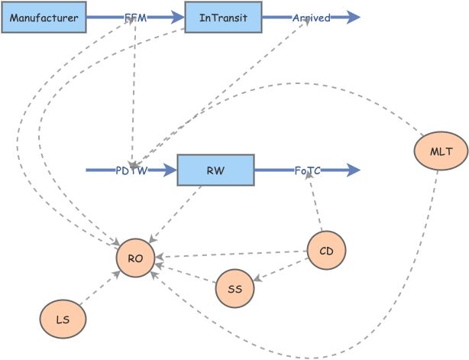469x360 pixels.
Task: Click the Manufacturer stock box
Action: coord(44,17)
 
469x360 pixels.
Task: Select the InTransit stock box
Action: coord(224,17)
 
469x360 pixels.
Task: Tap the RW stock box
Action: coord(215,170)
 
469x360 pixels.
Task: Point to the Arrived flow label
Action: coord(311,17)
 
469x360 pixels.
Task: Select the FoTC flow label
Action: coord(307,170)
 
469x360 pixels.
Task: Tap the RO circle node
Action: coord(135,259)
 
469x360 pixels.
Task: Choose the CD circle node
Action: coord(326,250)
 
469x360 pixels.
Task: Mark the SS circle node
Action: coord(234,289)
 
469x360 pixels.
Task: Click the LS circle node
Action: coord(63,319)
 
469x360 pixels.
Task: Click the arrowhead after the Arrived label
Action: coord(353,17)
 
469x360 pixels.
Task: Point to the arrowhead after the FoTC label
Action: coord(352,170)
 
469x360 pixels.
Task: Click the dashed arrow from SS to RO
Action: coord(186,273)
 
